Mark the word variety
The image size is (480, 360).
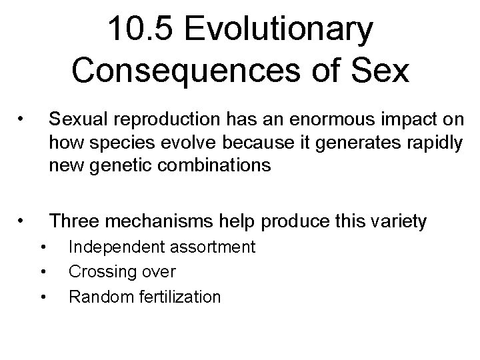[393, 221]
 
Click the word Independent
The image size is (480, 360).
[111, 247]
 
